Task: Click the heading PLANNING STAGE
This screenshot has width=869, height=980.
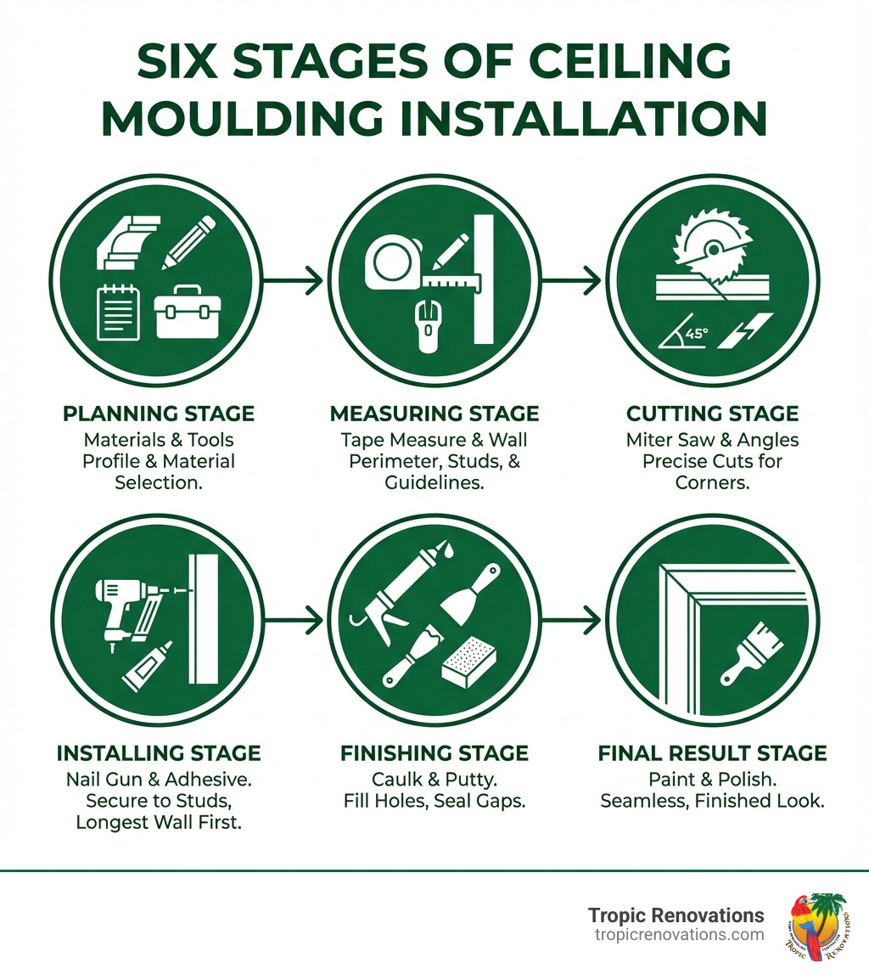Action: pos(159,414)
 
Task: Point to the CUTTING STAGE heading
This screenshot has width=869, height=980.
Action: pos(713,414)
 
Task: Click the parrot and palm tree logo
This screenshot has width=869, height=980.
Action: pos(818,926)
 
